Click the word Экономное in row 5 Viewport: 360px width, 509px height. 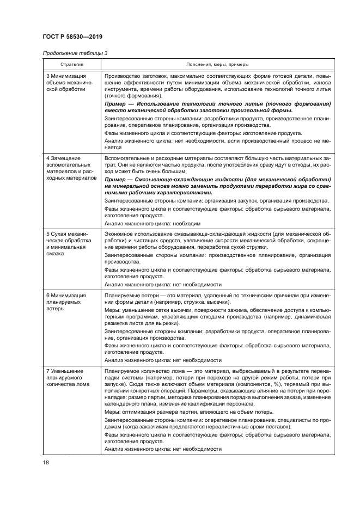pyautogui.click(x=119, y=233)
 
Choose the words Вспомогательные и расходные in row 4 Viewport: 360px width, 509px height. pyautogui.click(x=141, y=157)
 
